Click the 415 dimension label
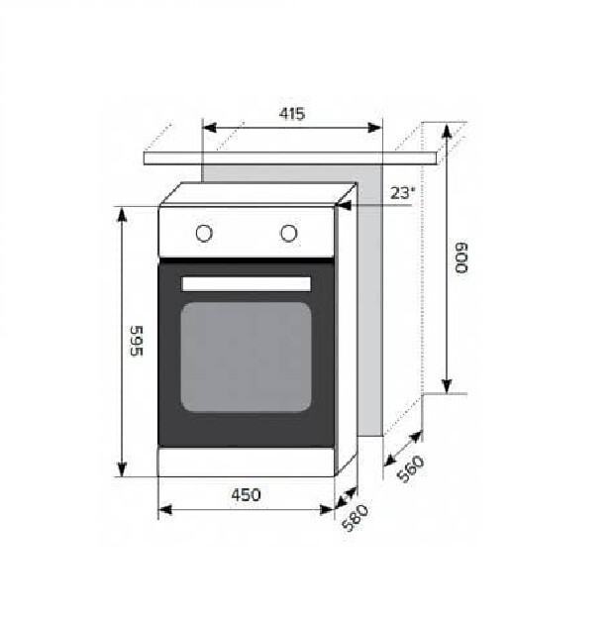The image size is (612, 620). click(292, 114)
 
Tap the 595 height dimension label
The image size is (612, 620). click(136, 341)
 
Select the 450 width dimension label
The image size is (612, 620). click(246, 495)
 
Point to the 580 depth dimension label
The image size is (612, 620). click(356, 518)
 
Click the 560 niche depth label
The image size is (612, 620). click(411, 468)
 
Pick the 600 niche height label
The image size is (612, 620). click(460, 258)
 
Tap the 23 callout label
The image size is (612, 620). click(403, 193)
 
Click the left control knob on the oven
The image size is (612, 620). click(204, 234)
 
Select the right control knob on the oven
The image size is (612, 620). click(288, 233)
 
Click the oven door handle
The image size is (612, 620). click(246, 284)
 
